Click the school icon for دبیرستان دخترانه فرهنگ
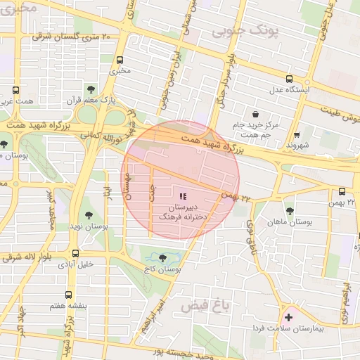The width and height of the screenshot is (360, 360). pos(184,196)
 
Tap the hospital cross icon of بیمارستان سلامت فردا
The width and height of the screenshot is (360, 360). pos(288,318)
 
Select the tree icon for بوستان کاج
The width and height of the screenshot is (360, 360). pos(164,258)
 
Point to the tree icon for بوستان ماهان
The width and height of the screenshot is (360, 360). pos(289,210)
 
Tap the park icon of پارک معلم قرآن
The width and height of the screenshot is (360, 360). pos(91,89)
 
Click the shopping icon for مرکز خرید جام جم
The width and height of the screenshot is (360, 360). pos(255,113)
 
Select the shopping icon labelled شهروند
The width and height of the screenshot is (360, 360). pos(297,134)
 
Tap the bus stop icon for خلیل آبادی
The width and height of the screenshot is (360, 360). pos(75,253)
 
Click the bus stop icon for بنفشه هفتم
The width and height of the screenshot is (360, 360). pos(68,295)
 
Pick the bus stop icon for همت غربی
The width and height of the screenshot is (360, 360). pos(15,90)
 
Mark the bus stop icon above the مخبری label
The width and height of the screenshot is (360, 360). pos(120,60)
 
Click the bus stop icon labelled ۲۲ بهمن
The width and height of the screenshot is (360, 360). pos(342,191)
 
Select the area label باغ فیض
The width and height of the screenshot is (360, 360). pos(206,306)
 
